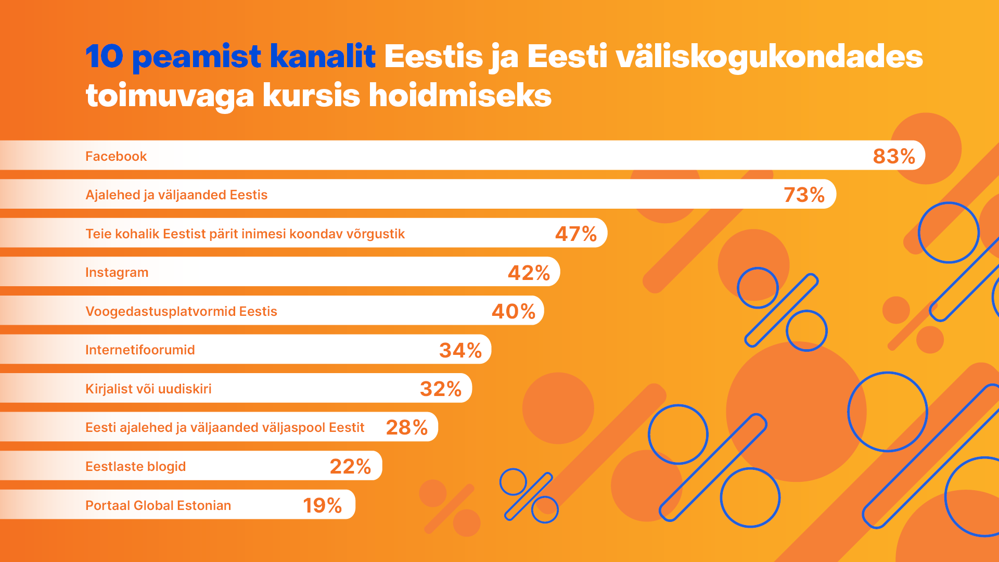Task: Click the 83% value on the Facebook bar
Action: [894, 156]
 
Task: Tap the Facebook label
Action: [116, 156]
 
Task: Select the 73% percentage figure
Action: [804, 195]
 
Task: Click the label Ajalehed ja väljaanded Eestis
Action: [176, 195]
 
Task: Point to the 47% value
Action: [575, 234]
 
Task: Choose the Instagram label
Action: [117, 272]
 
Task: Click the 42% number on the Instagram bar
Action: [529, 273]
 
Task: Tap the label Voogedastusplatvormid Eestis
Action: [181, 311]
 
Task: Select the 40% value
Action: [513, 311]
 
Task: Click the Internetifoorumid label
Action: [140, 350]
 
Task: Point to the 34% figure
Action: [460, 350]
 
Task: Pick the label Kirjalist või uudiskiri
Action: [148, 389]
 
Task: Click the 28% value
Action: [406, 427]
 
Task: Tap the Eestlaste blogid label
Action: [135, 466]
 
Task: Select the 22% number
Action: [350, 466]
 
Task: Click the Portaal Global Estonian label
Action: [158, 505]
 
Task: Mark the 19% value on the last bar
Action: [322, 505]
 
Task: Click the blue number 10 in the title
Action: [104, 56]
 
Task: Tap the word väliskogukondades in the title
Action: [769, 56]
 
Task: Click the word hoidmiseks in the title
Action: [460, 95]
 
